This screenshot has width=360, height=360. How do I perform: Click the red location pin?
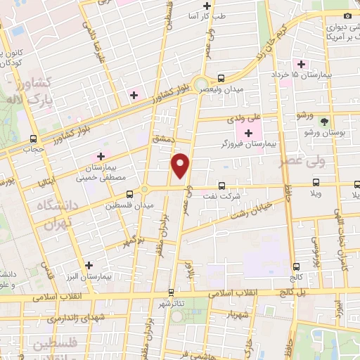181,165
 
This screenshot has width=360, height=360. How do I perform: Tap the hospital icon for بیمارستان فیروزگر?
248,133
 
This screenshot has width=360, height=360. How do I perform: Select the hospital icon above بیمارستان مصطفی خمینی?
100,155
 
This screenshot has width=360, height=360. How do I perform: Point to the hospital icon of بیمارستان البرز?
89,265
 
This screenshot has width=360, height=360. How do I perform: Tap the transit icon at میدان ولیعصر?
221,78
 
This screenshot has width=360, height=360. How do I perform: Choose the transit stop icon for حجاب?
33,139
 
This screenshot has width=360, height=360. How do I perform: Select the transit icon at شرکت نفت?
222,186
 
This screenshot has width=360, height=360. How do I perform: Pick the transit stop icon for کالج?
295,266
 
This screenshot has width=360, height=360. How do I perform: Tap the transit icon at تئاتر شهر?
171,292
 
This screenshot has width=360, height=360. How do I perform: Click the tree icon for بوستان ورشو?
323,121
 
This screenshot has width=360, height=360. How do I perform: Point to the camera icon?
347,15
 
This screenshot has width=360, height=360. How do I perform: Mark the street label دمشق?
162,140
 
